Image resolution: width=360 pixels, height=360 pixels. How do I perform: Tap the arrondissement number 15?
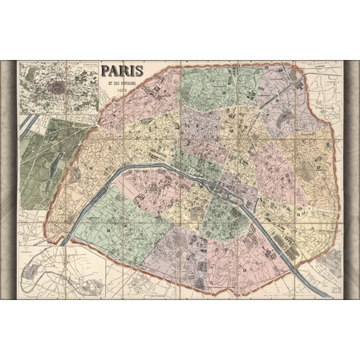point(110,232)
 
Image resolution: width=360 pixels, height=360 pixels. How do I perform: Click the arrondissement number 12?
point(298,215)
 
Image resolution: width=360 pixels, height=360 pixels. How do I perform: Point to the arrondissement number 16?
point(91,169)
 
